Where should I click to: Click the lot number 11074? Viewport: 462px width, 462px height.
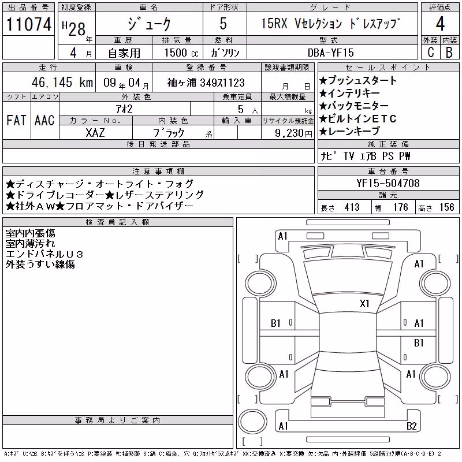coord(28,24)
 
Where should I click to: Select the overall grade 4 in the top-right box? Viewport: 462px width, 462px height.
coord(440,24)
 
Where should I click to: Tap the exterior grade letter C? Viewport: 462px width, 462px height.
coord(430,52)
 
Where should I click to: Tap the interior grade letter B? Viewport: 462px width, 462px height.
coord(449,52)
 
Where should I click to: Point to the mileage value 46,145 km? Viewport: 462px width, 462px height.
coord(62,82)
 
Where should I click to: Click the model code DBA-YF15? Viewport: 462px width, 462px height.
coord(330,53)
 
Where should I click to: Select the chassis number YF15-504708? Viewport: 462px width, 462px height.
coord(388,183)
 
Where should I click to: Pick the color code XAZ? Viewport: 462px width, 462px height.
coord(95,133)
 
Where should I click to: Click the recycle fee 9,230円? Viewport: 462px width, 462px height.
coord(293,133)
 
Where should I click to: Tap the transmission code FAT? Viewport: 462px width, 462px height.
coord(16,120)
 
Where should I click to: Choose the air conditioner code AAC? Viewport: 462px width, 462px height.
coord(44,120)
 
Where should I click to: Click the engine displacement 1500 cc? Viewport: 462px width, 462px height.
coord(181,53)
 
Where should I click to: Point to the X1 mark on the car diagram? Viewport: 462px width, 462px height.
coord(364,304)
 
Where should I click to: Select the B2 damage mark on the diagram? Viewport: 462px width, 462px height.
coord(411,426)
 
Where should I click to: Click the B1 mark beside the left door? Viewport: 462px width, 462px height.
coord(275,323)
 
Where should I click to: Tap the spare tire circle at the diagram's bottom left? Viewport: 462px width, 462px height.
coord(252,421)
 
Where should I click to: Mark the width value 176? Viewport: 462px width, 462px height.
coord(401,207)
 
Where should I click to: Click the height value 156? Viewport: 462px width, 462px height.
coord(446,207)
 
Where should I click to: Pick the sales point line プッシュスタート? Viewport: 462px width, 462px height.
coord(358,80)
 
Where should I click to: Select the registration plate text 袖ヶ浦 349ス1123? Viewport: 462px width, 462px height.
coord(206,83)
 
